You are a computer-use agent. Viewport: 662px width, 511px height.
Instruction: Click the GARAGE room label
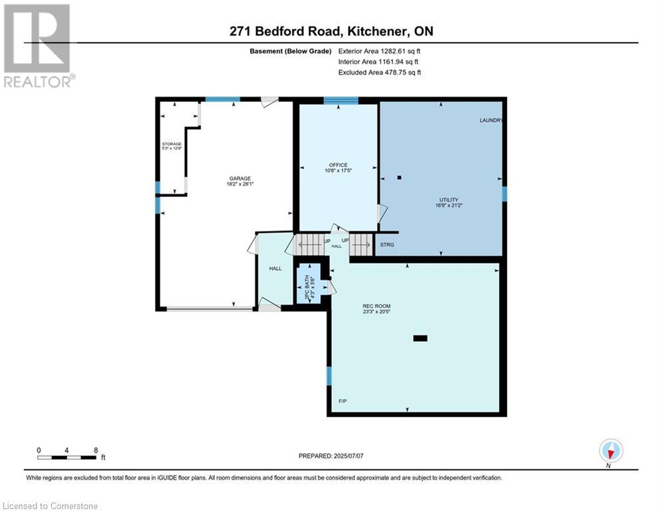[240, 178]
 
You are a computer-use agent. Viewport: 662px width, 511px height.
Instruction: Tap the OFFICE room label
[338, 165]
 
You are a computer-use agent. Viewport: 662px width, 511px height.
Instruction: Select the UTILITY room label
[448, 200]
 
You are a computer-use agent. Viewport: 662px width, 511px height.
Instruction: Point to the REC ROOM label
[377, 306]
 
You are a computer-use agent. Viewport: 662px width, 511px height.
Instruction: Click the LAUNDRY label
[491, 120]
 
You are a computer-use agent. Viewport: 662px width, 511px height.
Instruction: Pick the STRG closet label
[387, 244]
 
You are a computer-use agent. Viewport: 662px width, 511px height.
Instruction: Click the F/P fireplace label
[343, 401]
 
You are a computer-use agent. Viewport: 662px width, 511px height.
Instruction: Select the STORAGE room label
[172, 144]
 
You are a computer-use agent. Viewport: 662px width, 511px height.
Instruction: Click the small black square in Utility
[399, 178]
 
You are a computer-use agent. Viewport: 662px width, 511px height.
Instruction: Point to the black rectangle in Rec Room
[420, 338]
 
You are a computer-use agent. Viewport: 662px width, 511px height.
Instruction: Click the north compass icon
[611, 450]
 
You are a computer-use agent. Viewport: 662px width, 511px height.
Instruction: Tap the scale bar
[67, 457]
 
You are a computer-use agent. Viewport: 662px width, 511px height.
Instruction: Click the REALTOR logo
[39, 46]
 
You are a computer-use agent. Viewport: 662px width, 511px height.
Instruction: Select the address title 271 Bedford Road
[285, 31]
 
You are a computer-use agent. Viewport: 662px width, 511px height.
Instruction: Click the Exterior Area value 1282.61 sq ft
[401, 51]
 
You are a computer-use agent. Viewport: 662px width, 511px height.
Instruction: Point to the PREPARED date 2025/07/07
[349, 456]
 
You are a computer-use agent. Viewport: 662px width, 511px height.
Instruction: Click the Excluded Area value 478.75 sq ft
[403, 73]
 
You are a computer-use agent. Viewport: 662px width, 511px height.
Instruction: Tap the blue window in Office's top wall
[341, 100]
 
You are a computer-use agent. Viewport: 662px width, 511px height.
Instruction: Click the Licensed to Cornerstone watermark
[50, 506]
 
